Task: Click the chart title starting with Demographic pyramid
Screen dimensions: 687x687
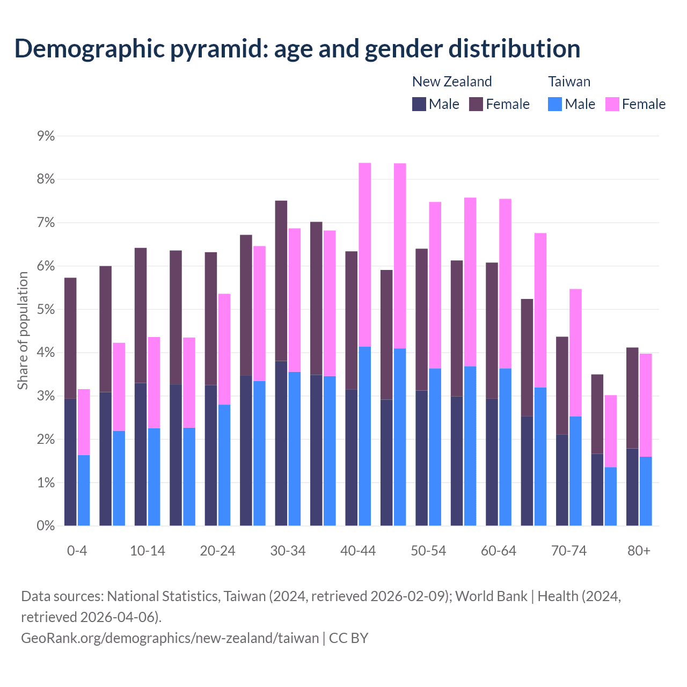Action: point(297,48)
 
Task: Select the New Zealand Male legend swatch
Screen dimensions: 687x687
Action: point(419,104)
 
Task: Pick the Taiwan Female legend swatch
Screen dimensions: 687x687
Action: point(612,104)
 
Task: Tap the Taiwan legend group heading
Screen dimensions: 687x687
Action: point(569,82)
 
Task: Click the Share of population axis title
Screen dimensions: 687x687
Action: point(23,330)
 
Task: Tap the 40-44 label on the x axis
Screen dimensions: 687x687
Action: point(358,551)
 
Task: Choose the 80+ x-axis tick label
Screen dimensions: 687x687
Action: point(639,551)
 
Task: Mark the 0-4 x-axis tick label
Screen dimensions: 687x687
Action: point(77,551)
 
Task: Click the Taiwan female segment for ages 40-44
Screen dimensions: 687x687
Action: point(365,255)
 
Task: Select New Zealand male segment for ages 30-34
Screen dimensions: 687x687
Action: point(281,443)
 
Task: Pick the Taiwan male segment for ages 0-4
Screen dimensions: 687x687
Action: point(84,491)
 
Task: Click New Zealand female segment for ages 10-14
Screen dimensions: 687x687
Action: point(141,315)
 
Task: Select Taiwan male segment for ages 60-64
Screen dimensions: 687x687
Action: point(505,447)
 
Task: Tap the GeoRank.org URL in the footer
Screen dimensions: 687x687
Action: point(170,638)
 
